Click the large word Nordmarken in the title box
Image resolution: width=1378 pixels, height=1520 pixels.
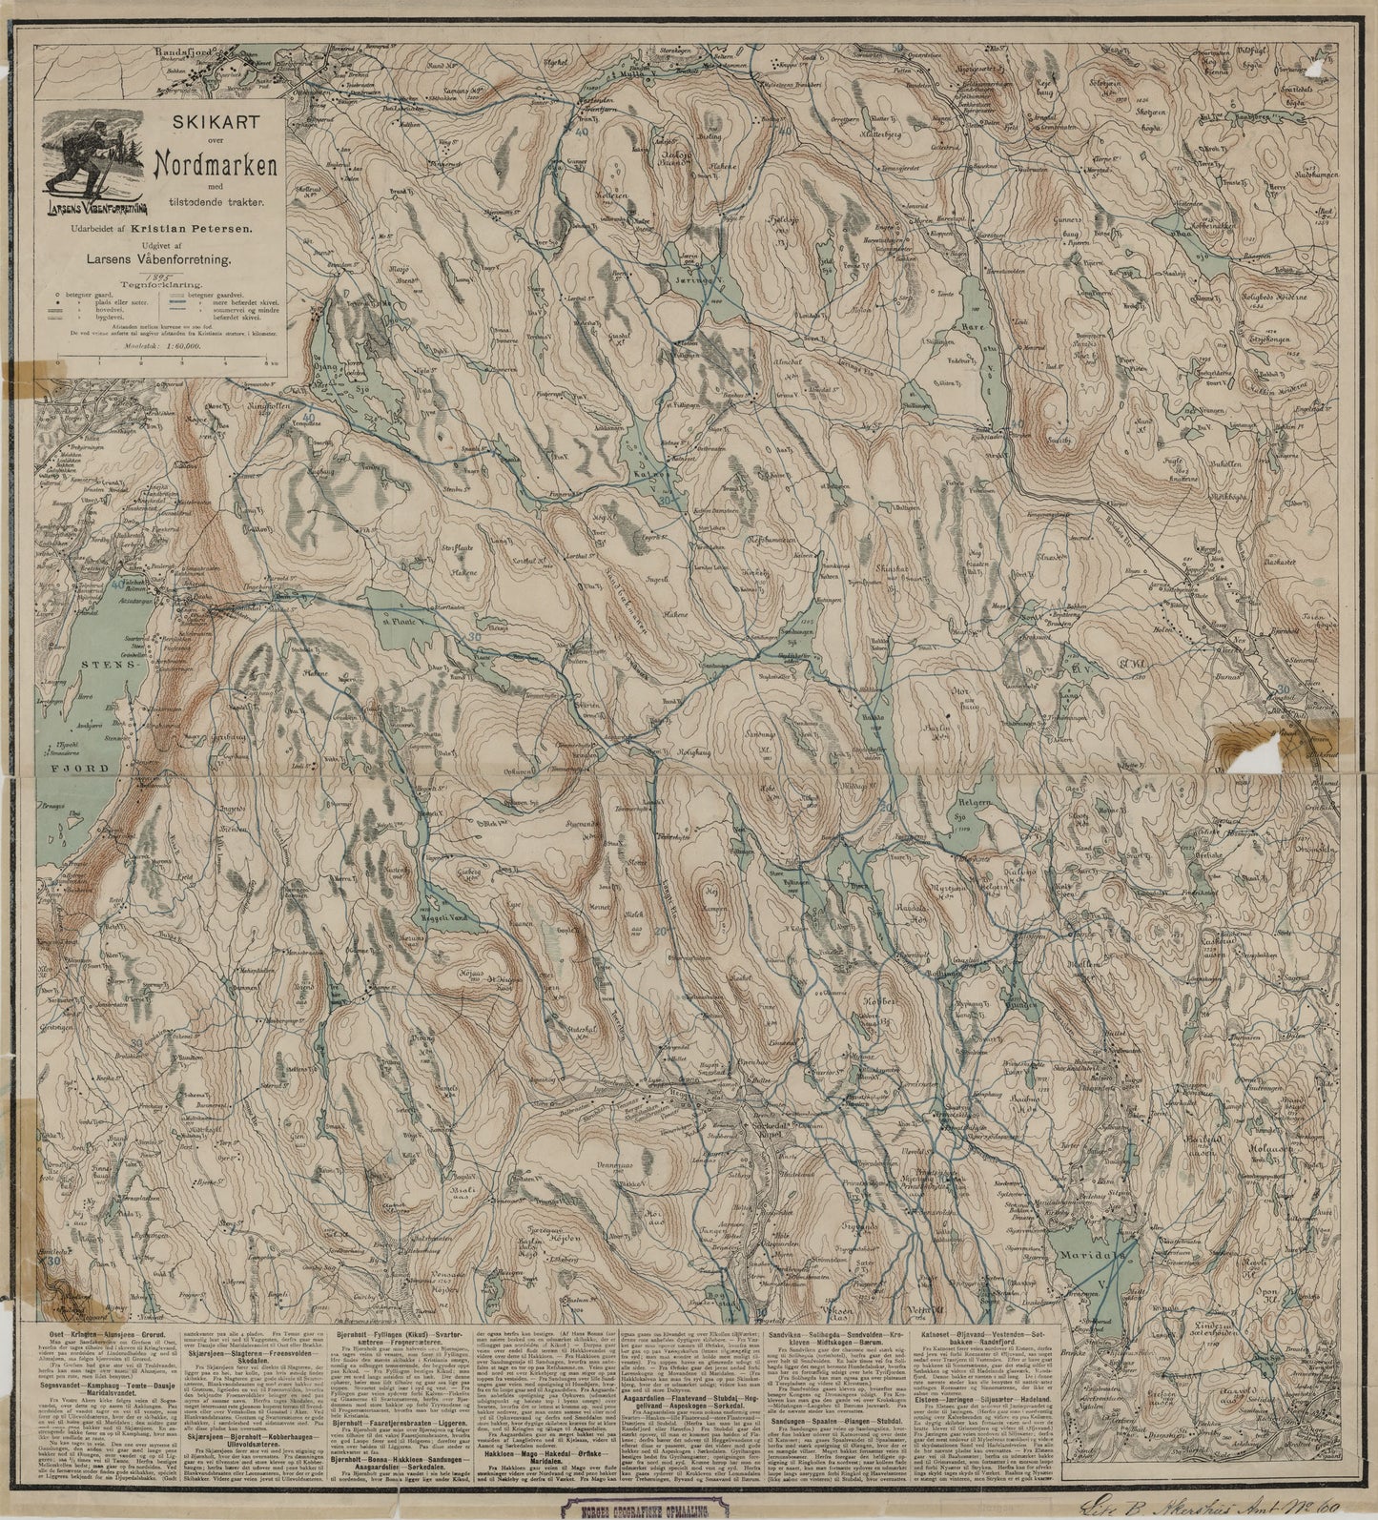click(x=216, y=164)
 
